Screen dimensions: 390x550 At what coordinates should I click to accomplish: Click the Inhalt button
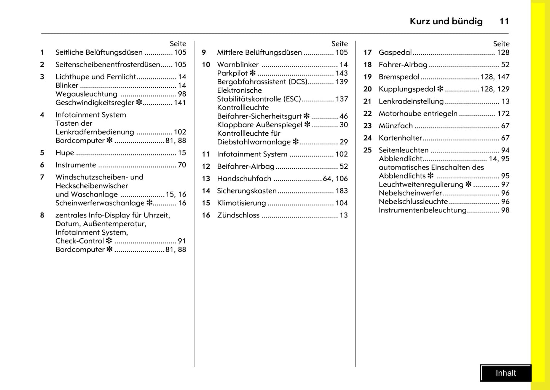(x=505, y=373)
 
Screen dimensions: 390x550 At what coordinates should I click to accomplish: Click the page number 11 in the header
(x=504, y=21)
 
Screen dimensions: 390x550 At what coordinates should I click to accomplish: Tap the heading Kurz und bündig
(x=446, y=21)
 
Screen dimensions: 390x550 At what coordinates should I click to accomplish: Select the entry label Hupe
(x=65, y=153)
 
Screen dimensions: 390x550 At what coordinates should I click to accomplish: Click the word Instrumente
(x=76, y=165)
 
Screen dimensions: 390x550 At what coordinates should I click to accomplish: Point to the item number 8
(x=42, y=215)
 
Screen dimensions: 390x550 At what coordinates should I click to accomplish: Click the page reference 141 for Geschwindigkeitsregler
(x=180, y=103)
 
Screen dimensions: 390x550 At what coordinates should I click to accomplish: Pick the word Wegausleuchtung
(x=86, y=94)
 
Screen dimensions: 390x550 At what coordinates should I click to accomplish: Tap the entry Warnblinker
(x=238, y=65)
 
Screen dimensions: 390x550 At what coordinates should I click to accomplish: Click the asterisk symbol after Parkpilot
(x=252, y=73)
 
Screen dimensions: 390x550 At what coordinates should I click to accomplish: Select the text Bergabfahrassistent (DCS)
(x=262, y=82)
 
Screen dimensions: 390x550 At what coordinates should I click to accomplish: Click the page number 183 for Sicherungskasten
(x=341, y=191)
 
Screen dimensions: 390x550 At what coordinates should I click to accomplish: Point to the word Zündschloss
(x=238, y=215)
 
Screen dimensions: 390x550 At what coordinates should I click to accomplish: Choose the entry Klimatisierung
(x=241, y=203)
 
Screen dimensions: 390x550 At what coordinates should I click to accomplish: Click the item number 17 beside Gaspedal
(x=367, y=52)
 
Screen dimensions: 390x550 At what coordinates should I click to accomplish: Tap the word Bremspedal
(x=399, y=77)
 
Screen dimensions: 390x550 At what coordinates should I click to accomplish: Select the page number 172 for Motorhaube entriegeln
(x=503, y=113)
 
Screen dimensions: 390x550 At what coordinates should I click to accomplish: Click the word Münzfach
(x=396, y=126)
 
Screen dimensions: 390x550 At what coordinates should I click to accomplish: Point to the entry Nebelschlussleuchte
(x=413, y=201)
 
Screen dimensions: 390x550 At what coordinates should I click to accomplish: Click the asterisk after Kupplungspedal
(x=440, y=89)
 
